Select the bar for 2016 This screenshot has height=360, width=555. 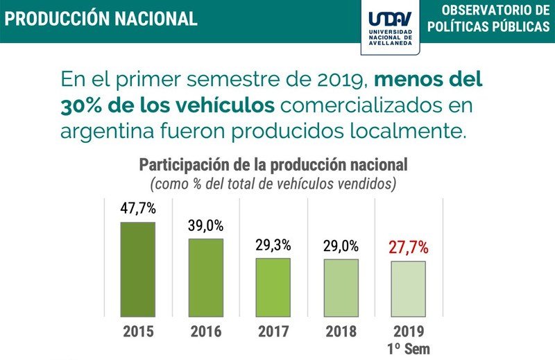click(x=206, y=277)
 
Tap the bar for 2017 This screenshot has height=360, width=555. click(x=273, y=287)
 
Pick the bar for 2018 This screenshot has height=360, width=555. click(x=341, y=288)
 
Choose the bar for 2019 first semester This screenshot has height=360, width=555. click(x=408, y=289)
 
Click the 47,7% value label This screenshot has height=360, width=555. click(x=138, y=208)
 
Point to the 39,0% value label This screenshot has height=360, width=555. click(x=206, y=225)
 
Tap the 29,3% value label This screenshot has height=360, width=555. click(x=273, y=245)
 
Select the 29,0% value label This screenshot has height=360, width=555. click(x=341, y=246)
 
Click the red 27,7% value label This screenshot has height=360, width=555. click(x=408, y=247)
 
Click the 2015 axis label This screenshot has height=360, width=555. click(x=138, y=332)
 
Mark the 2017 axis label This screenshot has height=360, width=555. click(x=273, y=332)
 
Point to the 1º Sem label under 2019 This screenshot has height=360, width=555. click(x=409, y=348)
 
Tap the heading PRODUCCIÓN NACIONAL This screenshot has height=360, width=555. click(x=101, y=19)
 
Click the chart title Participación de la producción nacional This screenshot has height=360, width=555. click(x=273, y=165)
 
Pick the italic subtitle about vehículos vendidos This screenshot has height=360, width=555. click(x=273, y=184)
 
